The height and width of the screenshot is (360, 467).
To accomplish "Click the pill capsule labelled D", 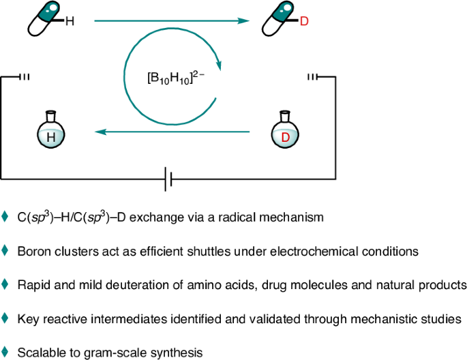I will [280, 19].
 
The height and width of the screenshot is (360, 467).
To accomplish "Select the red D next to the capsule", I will [304, 21].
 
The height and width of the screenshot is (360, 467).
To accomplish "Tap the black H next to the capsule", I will [70, 21].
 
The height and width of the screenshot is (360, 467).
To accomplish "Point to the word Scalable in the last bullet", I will [40, 352].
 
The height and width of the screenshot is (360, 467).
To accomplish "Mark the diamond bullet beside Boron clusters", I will [5, 250].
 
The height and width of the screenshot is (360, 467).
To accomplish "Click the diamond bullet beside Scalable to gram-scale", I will [5, 351].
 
